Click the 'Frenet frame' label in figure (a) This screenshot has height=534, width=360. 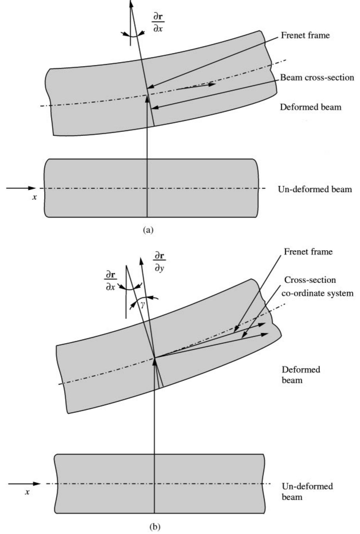coord(305,35)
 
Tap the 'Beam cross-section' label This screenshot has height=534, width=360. coord(317,78)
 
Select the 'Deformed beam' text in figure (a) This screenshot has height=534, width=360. coord(310,107)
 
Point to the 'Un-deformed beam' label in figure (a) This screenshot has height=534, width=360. coord(315,189)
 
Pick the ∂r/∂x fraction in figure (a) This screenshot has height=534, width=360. coord(158,22)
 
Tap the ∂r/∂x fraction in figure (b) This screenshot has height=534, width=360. coord(111,281)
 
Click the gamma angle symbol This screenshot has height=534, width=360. coord(143,304)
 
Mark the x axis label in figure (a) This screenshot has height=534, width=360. coord(34,197)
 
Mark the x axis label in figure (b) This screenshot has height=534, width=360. coord(27,492)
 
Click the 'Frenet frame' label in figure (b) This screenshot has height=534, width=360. coord(308,252)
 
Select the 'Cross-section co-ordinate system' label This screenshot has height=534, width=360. coord(317,286)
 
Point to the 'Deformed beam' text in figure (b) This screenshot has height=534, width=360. coord(301,375)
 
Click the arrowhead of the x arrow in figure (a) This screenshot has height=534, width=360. coord(32,188)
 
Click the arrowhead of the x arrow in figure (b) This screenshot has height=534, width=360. coord(36,484)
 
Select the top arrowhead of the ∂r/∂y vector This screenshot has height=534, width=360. coord(141,260)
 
